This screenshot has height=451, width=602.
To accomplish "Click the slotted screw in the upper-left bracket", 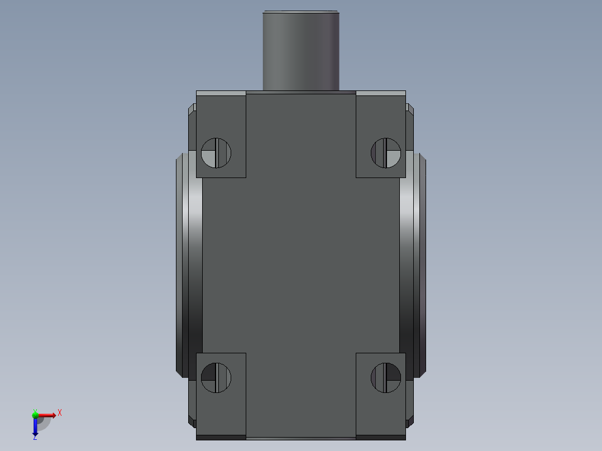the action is tap(216, 153).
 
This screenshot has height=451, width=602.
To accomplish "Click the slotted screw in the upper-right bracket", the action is tap(386, 153).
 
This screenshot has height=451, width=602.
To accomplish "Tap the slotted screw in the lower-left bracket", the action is tap(216, 378).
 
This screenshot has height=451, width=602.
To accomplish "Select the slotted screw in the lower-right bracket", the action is tap(386, 378).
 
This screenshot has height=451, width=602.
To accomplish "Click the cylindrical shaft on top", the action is tap(301, 51).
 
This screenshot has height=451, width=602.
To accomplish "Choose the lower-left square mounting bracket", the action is tap(221, 396).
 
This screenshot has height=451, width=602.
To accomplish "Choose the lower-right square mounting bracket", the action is tap(381, 396).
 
